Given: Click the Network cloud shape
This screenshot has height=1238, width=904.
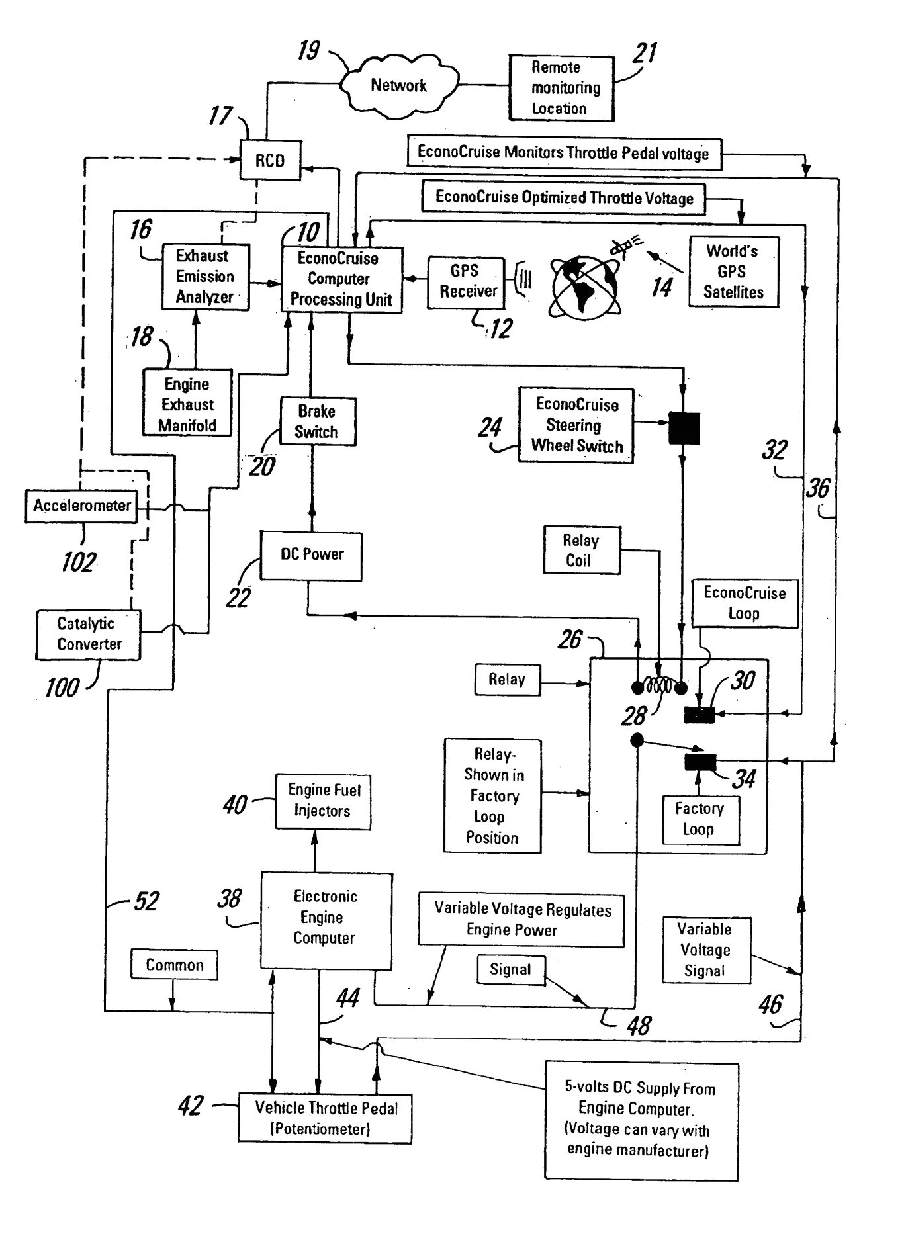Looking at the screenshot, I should point(399,84).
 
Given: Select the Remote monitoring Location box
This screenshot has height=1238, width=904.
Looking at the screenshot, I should point(562,88).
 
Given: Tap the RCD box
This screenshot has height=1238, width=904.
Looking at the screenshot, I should point(270,160).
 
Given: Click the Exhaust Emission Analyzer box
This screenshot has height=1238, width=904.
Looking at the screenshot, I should point(205,277).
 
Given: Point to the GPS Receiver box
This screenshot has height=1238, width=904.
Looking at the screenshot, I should point(466,282).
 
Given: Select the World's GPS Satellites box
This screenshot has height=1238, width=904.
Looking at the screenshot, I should point(733,272).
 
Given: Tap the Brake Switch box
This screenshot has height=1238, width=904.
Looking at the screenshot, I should point(318,421).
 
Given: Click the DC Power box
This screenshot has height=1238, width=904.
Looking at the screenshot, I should point(312,555).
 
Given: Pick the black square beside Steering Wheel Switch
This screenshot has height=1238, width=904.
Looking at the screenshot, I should point(684,428).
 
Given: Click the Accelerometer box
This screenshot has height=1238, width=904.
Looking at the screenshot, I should point(82,506).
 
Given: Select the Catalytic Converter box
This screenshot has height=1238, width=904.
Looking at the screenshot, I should point(89,635).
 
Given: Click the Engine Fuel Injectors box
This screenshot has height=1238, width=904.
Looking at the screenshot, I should point(323,801).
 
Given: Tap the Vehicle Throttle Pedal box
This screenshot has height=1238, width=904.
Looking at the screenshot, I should point(325,1118).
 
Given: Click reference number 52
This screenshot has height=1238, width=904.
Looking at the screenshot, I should point(146,901).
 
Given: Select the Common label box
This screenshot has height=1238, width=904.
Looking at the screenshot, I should point(174,965).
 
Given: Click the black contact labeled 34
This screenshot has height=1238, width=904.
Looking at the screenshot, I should point(700,762).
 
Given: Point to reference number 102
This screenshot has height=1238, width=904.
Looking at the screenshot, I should point(79,562).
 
